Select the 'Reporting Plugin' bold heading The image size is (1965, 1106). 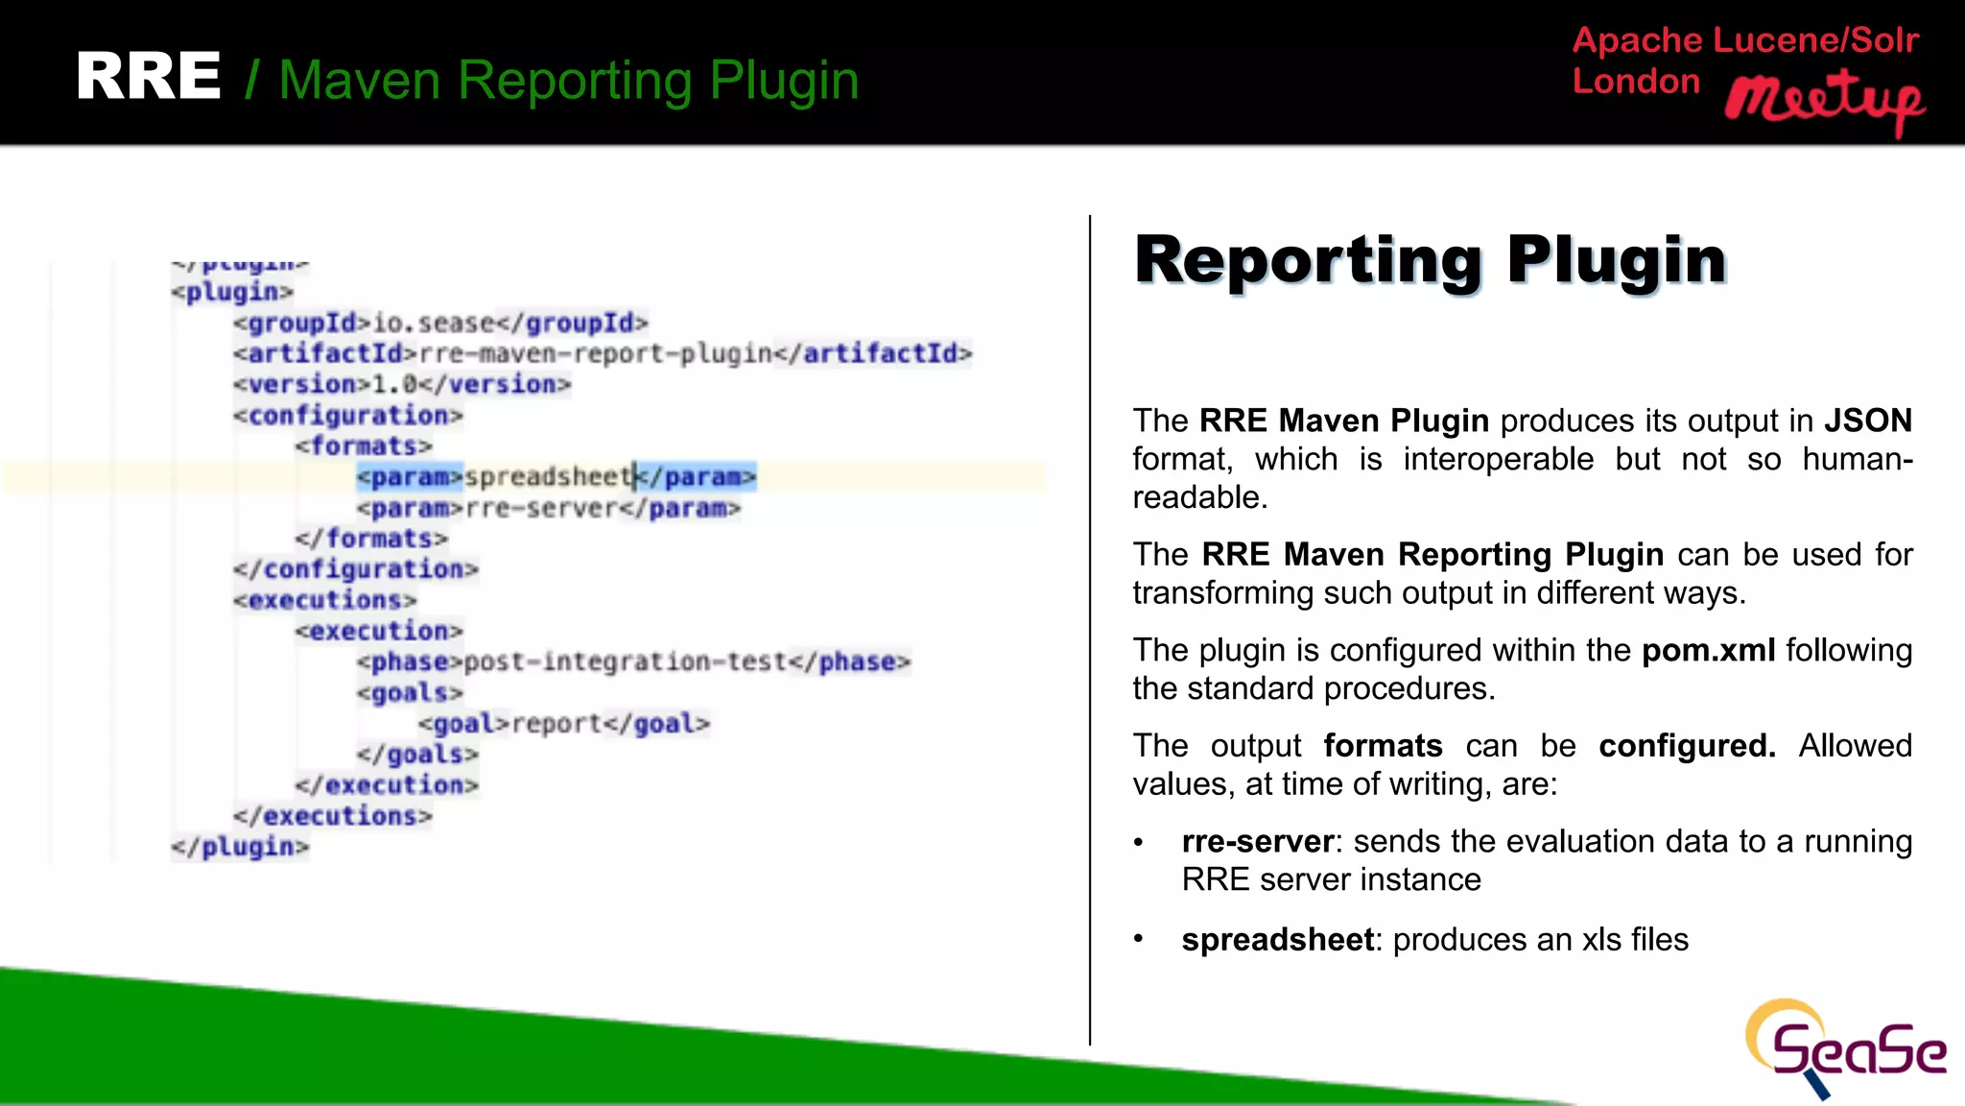pos(1431,260)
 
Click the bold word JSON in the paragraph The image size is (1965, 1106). pos(1867,421)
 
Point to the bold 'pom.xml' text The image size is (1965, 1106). pos(1708,651)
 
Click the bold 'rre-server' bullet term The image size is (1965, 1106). pos(1258,842)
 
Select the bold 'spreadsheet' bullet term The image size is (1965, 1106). pos(1278,940)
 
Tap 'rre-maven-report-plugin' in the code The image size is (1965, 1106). pos(596,354)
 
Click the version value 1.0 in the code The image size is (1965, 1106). pos(395,385)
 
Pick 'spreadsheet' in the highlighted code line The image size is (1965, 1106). pos(548,477)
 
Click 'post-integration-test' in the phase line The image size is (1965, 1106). pos(626,662)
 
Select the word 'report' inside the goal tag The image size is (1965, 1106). pos(556,724)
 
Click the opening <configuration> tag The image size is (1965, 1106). pos(348,416)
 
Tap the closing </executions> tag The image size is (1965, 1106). pos(333,816)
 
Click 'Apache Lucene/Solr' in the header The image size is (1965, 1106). pos(1745,40)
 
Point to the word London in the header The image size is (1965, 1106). pos(1636,82)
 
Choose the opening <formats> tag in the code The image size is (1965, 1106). pos(364,446)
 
